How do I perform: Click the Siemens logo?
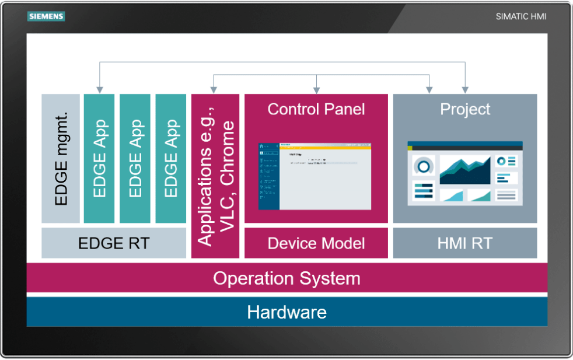coord(46,17)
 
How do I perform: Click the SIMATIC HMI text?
coord(521,16)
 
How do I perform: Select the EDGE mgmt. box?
coord(61,158)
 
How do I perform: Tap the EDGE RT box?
coord(114,243)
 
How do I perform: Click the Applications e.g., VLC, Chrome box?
coord(215,176)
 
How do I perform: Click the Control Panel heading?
coord(316,109)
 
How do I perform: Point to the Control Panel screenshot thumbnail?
coord(315,176)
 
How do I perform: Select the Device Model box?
coord(316,243)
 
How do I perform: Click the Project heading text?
coord(465,109)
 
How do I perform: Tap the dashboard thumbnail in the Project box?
coord(465,173)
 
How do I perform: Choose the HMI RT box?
coord(465,243)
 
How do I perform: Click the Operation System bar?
coord(286,278)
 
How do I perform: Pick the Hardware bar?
coord(286,312)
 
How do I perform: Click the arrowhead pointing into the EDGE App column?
coord(99,90)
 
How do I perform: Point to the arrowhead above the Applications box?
coord(214,90)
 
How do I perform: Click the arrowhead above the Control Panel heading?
coord(316,90)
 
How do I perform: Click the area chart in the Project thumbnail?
coord(465,170)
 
